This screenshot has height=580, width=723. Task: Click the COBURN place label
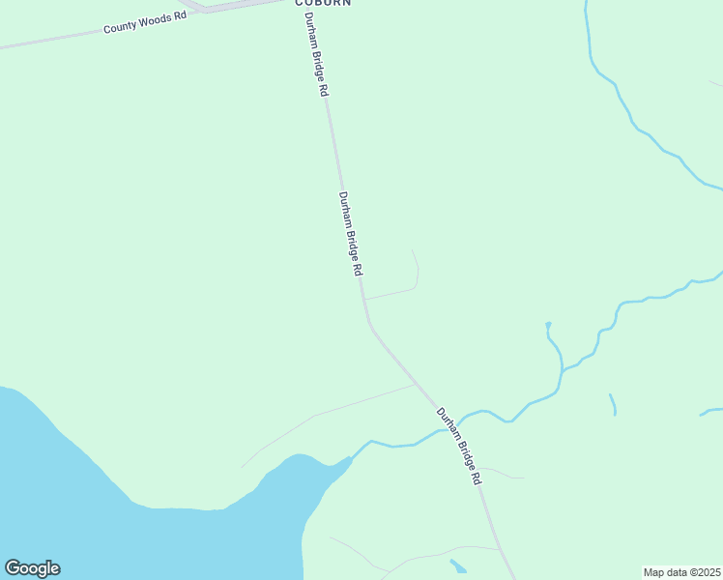323,3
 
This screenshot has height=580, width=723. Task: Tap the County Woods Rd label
145,23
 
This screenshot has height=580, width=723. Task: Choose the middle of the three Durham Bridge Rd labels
351,235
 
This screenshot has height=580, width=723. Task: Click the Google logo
32,568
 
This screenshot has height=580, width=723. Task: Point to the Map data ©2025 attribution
681,572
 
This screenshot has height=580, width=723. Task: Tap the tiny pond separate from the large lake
458,565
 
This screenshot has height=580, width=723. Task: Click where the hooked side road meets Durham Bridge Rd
364,299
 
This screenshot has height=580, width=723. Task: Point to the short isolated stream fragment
613,404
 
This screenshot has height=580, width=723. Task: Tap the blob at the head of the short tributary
548,325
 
